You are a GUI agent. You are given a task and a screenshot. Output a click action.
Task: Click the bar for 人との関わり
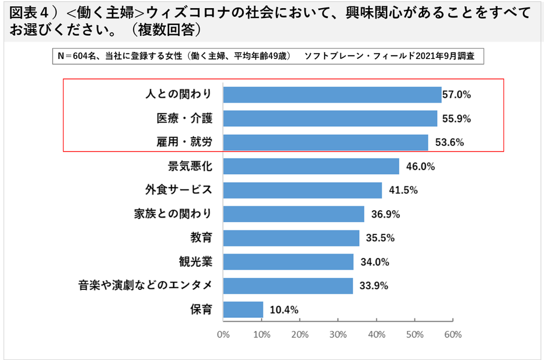tap(332, 94)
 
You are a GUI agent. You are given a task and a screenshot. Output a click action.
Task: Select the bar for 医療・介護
tap(330, 119)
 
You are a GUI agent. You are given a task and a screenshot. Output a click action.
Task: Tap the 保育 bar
tap(243, 310)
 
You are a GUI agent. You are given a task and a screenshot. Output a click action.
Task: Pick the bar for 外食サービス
tap(302, 190)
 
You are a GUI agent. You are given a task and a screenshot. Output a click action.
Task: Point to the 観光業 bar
tap(288, 262)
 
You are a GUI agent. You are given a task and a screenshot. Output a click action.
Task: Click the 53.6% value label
tap(447, 142)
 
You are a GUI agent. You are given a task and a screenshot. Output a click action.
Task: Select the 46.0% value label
tap(418, 167)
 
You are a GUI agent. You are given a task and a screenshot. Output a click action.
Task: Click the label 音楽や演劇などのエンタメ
tap(145, 286)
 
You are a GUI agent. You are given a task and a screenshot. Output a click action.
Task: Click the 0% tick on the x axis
tap(223, 335)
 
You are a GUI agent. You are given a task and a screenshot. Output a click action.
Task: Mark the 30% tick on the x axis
tap(338, 335)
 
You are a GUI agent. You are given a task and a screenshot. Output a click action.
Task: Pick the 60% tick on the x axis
tap(453, 335)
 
